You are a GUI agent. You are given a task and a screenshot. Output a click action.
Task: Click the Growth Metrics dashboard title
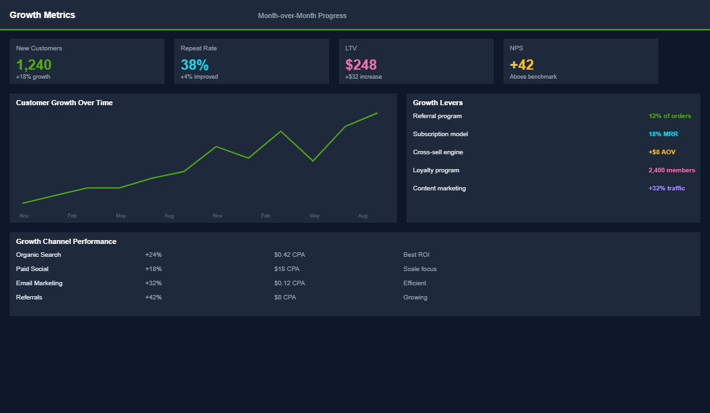[42, 15]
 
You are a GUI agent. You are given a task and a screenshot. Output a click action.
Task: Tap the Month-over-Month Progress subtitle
[302, 15]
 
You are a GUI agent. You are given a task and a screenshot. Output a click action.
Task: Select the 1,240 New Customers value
[34, 65]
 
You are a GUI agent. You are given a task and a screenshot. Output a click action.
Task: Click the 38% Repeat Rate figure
[194, 65]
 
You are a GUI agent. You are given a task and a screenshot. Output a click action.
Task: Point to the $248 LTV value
[361, 65]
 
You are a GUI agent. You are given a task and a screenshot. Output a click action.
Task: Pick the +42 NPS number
[522, 65]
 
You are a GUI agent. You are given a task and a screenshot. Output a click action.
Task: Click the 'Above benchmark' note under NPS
[532, 77]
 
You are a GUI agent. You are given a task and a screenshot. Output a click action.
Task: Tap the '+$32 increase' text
[363, 77]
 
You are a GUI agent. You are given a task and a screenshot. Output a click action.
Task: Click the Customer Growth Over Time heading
[64, 103]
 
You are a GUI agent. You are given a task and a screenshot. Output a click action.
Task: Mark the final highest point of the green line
[377, 113]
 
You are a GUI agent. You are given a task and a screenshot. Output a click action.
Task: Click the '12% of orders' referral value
[669, 116]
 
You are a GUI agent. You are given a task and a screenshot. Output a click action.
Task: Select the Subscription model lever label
[440, 134]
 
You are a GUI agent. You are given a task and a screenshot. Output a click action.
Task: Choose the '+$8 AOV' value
[662, 152]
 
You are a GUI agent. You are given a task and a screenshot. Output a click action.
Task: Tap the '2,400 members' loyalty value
[671, 170]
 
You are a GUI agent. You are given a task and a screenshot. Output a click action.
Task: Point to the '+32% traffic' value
[666, 188]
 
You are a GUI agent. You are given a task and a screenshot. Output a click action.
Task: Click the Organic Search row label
[38, 255]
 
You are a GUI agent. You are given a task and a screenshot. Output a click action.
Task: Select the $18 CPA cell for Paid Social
[287, 269]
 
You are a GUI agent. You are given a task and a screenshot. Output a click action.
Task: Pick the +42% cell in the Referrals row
[153, 297]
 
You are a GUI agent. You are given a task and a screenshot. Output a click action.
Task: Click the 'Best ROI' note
[416, 255]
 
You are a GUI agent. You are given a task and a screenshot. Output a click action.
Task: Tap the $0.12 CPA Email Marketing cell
[289, 283]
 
